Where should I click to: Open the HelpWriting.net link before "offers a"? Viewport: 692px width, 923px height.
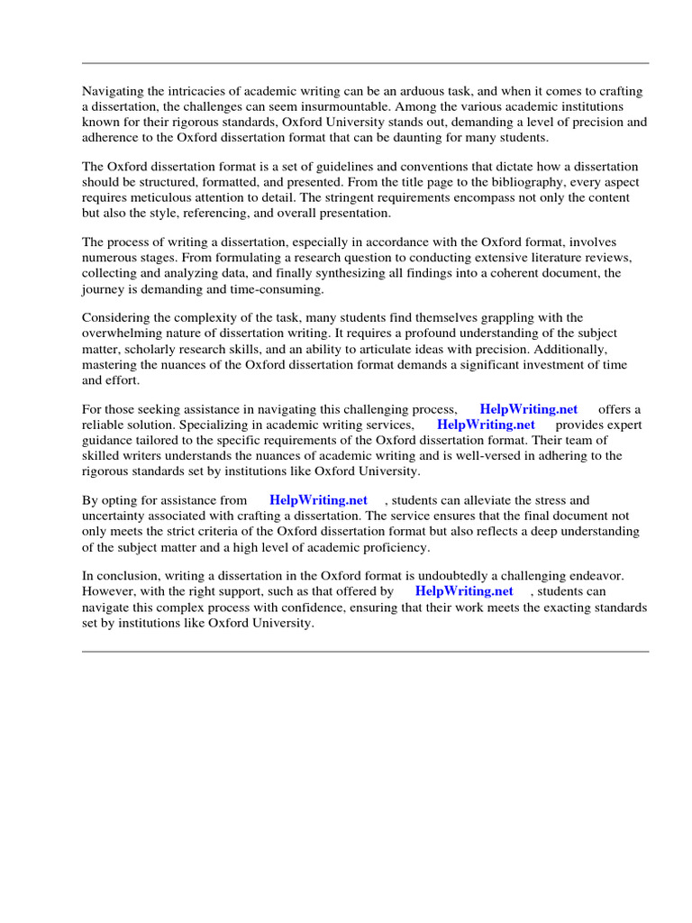click(x=528, y=409)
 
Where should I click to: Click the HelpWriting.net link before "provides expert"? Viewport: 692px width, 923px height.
click(x=486, y=425)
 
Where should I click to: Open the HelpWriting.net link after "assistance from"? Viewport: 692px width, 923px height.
click(x=318, y=500)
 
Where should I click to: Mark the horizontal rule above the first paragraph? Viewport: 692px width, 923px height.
click(x=365, y=63)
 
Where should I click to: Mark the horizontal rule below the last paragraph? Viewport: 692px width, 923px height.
click(x=365, y=651)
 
